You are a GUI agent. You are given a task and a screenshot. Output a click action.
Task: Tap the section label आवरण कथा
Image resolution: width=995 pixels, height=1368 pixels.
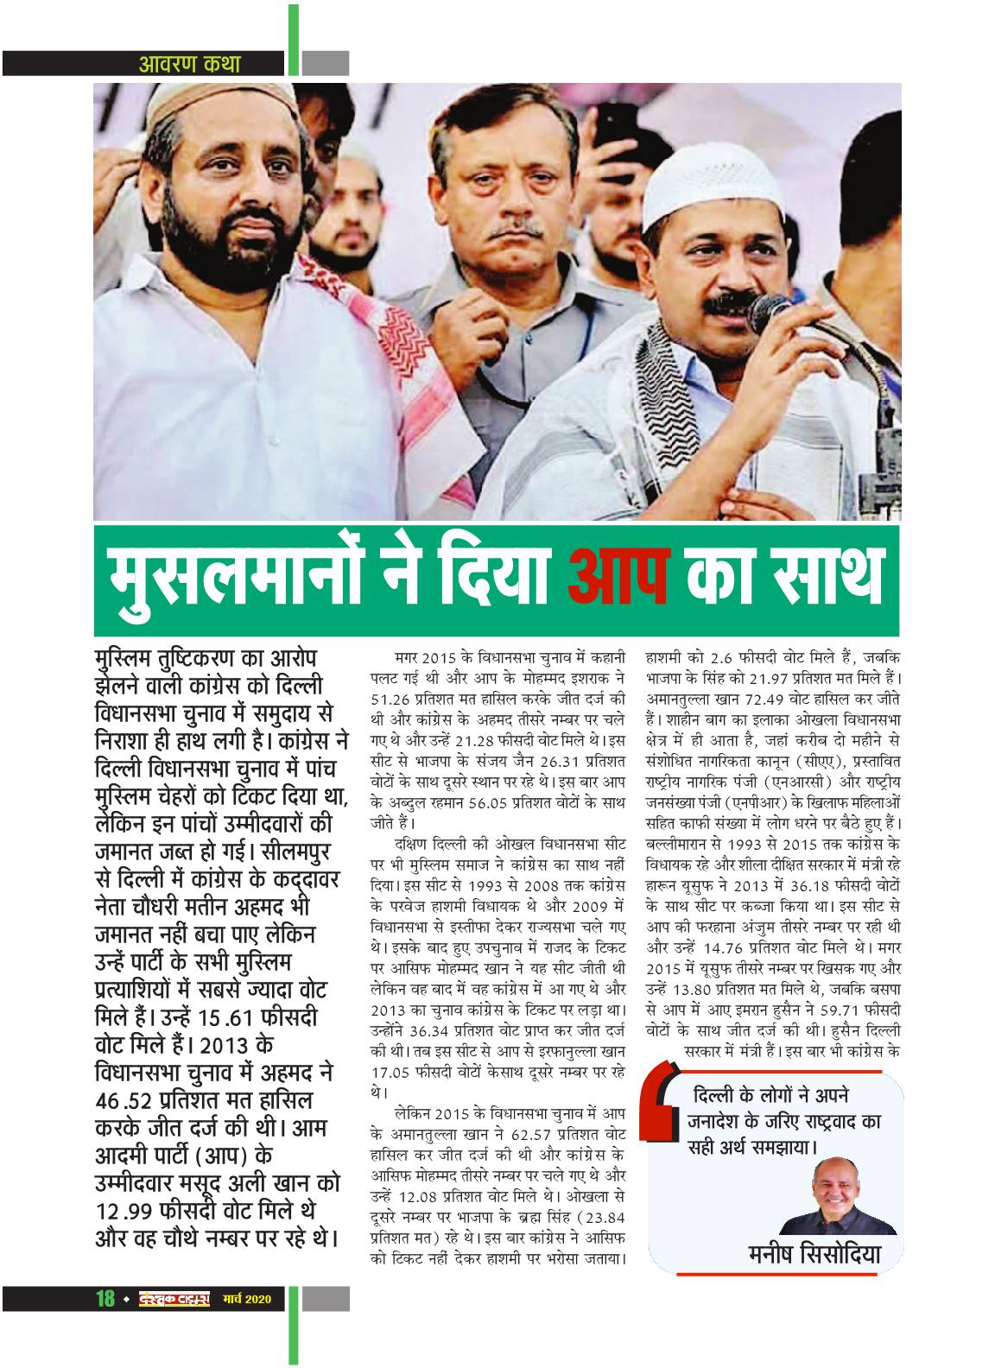[x=190, y=63]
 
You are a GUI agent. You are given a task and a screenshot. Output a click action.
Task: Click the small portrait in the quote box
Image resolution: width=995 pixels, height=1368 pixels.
[x=838, y=1196]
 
